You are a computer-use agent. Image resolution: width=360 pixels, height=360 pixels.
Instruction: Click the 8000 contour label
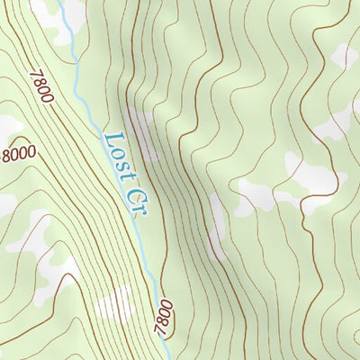(19, 153)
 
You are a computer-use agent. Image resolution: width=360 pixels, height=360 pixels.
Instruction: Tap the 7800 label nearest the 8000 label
(41, 89)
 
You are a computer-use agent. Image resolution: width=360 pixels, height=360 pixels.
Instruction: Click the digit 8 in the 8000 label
(8, 157)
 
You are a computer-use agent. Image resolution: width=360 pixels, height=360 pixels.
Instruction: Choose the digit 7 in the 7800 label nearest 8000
(35, 77)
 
